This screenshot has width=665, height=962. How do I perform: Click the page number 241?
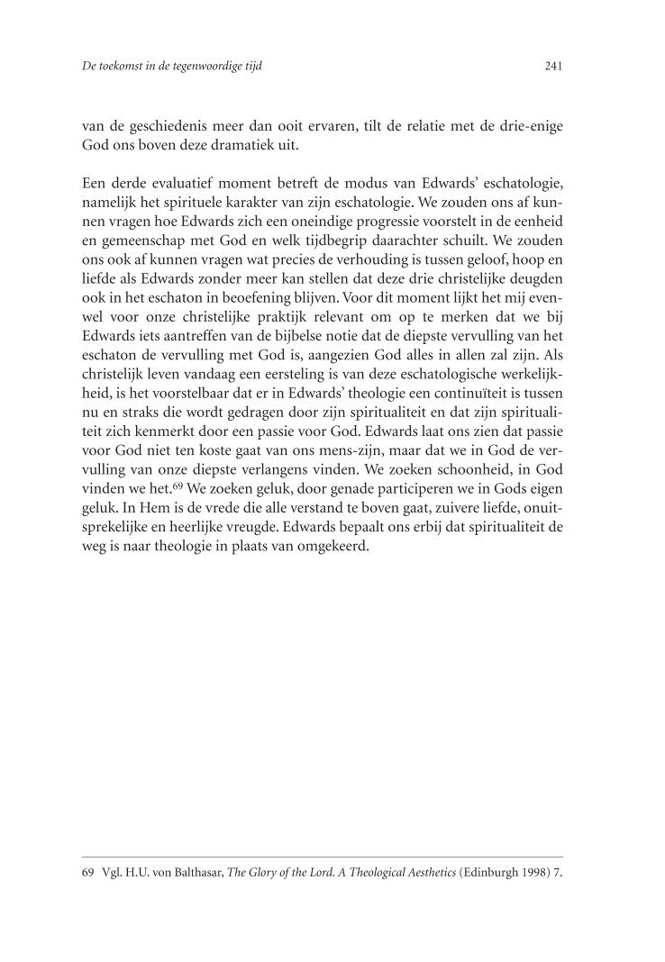coord(553,67)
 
